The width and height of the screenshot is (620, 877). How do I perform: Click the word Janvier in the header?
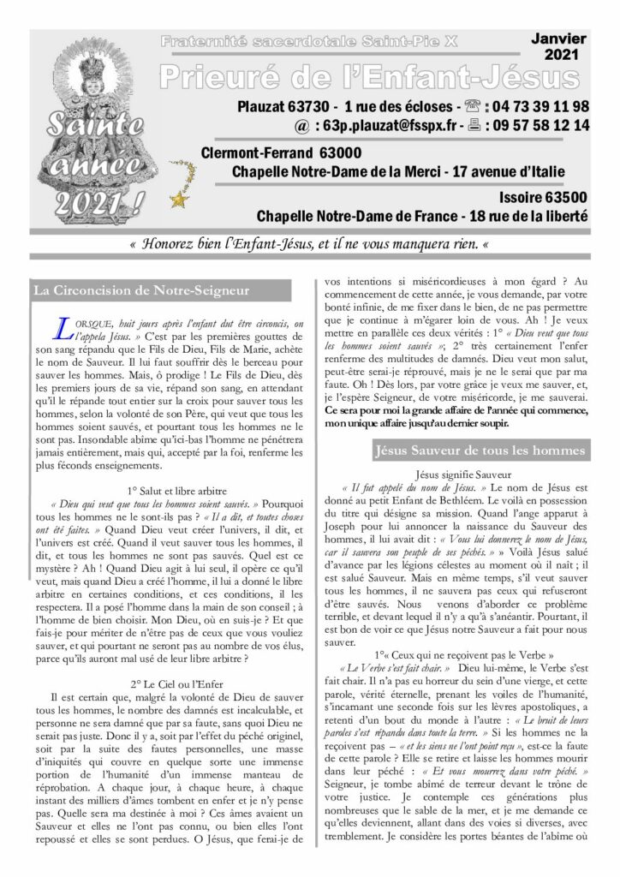(x=558, y=39)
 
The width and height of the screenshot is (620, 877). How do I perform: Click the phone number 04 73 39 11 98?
(x=540, y=107)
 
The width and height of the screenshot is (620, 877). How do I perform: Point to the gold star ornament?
(x=179, y=200)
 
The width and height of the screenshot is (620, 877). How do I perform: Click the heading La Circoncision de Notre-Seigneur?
(x=140, y=290)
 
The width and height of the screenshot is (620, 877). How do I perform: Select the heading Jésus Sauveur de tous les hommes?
(x=480, y=450)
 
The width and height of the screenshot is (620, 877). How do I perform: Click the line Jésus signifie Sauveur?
(x=462, y=473)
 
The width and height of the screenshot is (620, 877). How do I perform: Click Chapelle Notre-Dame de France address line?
(x=422, y=217)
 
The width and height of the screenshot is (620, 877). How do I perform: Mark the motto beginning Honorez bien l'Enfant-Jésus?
(x=309, y=244)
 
